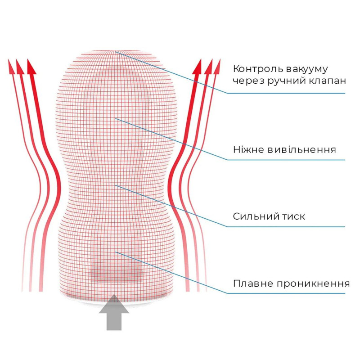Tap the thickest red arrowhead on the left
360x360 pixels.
31,67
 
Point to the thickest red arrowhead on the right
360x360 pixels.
197,67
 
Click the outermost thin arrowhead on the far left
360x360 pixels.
11,67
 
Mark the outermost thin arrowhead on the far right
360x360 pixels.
217,67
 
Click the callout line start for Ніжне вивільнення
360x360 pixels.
116,118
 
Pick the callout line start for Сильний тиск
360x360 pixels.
116,185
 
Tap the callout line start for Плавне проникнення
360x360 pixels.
116,252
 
